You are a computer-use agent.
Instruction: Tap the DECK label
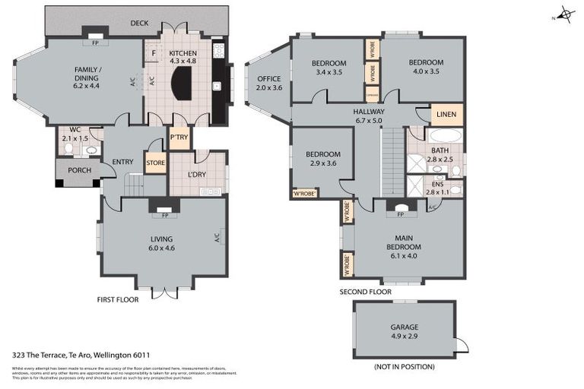139,24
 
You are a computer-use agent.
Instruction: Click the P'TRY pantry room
179,138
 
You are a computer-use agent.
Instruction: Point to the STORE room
155,162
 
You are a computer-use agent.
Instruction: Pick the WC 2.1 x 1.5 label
75,134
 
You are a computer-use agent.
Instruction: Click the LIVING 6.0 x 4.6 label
161,243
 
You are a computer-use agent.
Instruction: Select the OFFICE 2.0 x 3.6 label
268,83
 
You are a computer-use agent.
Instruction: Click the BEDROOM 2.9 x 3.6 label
323,158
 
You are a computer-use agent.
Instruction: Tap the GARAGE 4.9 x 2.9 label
404,330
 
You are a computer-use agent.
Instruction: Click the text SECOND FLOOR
365,292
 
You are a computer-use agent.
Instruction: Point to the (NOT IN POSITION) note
404,367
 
